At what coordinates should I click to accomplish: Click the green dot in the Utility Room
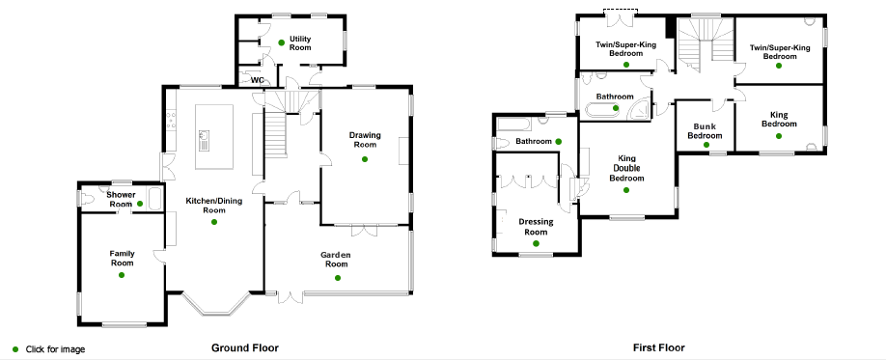[282, 42]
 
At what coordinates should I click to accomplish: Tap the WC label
[257, 80]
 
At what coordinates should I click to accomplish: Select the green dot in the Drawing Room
[365, 159]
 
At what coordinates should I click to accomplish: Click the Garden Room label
[336, 259]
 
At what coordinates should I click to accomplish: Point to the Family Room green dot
[122, 275]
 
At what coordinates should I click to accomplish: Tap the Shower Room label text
[121, 199]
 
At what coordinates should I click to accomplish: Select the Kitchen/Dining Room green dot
[214, 222]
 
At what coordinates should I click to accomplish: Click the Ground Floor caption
[245, 347]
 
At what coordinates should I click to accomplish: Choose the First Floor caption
[659, 347]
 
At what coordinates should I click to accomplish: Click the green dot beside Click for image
[15, 349]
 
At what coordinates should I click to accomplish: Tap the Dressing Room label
[536, 227]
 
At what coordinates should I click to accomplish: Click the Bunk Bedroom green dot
[706, 145]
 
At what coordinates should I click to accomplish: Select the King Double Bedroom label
[626, 168]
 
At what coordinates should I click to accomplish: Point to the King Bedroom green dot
[779, 136]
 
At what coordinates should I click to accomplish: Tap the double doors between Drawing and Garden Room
[363, 230]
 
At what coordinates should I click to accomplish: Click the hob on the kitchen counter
[171, 120]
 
